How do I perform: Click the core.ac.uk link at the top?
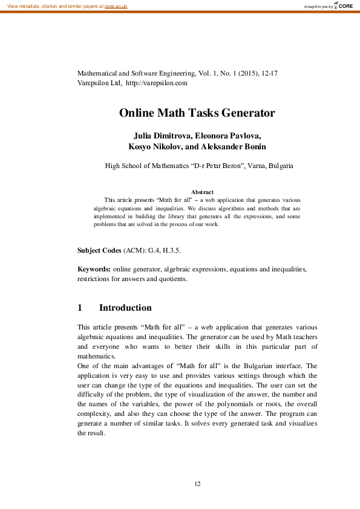116,5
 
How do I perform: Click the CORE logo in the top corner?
343,5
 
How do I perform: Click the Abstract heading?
201,192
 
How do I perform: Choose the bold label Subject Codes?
99,250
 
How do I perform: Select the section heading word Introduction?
125,308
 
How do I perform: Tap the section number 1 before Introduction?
80,308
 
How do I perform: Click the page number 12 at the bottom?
197,484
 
